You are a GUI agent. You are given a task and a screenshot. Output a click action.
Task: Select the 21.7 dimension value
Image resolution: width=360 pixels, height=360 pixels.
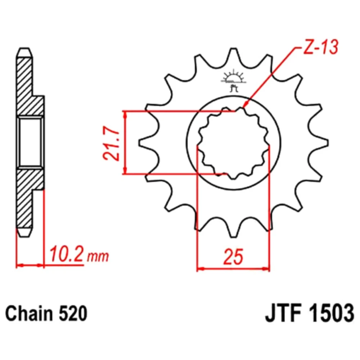coord(111,143)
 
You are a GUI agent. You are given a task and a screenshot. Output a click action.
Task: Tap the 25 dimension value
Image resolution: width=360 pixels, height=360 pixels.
coord(233,256)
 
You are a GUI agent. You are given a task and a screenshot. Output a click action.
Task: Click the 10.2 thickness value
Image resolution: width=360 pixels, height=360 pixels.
coord(66,254)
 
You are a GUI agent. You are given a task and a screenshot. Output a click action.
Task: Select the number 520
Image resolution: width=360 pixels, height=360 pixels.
coord(73,314)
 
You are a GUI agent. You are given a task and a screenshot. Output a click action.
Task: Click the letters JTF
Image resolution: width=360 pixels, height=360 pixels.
coord(283,313)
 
